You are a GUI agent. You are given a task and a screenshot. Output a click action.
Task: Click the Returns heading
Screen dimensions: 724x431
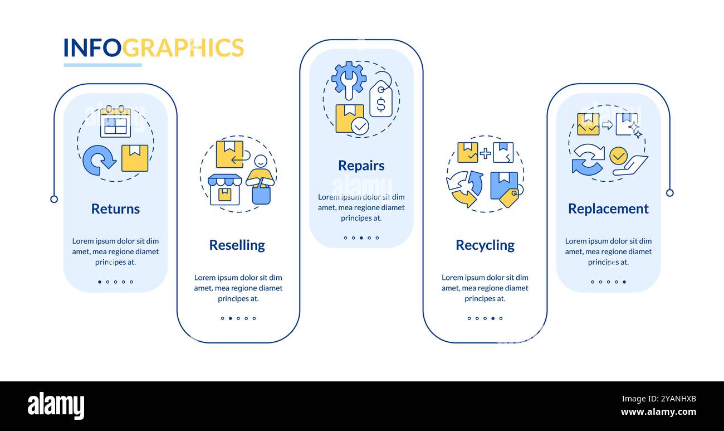(x=115, y=209)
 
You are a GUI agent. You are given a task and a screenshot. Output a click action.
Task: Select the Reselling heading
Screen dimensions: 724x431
(x=237, y=245)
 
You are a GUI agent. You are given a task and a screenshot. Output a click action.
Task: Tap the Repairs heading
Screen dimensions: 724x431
(x=361, y=166)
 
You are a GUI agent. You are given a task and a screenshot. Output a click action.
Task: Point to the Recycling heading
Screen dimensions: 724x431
(x=485, y=245)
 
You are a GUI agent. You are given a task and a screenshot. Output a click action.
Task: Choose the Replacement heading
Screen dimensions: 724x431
(x=608, y=209)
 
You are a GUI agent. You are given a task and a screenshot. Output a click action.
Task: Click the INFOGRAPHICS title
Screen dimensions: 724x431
(x=153, y=48)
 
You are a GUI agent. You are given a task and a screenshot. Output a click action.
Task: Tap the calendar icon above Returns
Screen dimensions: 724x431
(x=115, y=122)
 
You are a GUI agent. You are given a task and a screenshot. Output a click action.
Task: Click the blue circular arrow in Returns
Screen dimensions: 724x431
(x=98, y=160)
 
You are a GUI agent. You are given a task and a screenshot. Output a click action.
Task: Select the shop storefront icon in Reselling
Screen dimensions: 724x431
(x=224, y=190)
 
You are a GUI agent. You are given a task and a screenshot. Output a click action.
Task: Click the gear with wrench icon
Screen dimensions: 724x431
(x=349, y=79)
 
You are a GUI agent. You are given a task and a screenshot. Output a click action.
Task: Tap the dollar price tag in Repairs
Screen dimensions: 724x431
(x=381, y=100)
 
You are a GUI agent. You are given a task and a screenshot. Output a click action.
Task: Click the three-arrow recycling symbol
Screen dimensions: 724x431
(x=464, y=188)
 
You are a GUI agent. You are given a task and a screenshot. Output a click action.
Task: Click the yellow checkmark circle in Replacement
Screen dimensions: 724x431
(x=618, y=156)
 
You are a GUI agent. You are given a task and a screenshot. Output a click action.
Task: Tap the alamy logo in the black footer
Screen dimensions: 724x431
(x=56, y=405)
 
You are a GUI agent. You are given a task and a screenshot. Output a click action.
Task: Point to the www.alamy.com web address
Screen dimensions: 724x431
(x=658, y=413)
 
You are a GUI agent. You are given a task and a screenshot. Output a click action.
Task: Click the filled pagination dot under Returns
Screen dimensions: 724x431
(x=100, y=282)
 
